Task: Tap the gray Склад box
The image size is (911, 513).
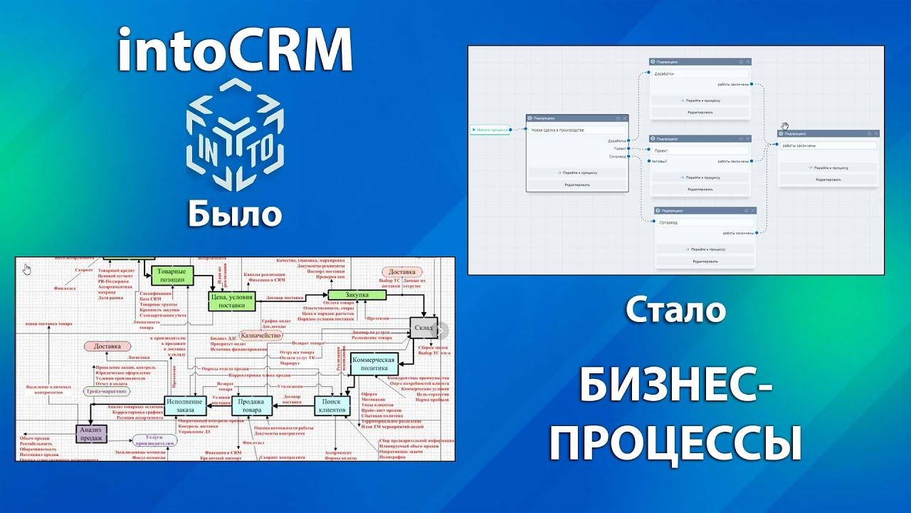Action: coord(425,328)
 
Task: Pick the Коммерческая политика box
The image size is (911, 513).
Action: coord(373,365)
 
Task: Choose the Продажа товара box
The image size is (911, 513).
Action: coord(253,406)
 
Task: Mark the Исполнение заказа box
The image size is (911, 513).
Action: coord(184,405)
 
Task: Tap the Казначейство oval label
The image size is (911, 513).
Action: coord(262,335)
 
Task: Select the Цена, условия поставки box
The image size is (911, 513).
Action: coord(231,301)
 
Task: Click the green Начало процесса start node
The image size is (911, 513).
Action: coord(490,130)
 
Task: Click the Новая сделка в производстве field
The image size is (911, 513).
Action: coord(577,130)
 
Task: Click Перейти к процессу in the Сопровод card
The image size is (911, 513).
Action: coord(705,249)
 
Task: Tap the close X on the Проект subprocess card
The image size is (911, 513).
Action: coord(747,138)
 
